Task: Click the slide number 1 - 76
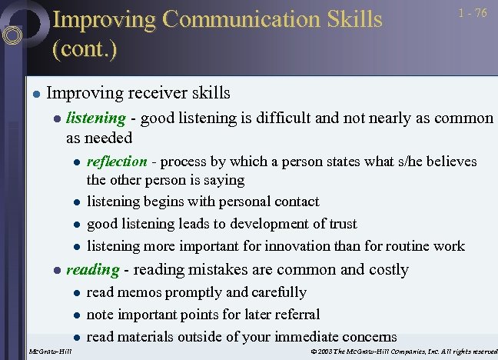[473, 14]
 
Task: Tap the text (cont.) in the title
[85, 49]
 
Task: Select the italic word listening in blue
[95, 118]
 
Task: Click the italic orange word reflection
[117, 162]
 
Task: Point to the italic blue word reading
[92, 269]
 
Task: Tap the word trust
[341, 224]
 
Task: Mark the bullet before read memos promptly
[76, 293]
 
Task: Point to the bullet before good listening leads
[76, 225]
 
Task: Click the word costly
[386, 269]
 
